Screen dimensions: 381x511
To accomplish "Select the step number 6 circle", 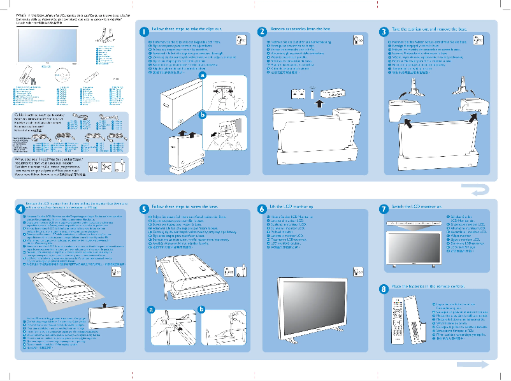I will (262, 209).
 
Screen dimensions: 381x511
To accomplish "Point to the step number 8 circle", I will (382, 288).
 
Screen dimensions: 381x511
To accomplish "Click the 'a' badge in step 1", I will (203, 75).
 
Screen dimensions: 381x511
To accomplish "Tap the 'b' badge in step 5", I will (201, 310).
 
